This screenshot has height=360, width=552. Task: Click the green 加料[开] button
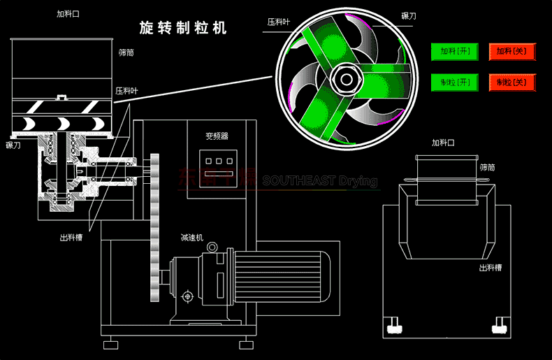453,51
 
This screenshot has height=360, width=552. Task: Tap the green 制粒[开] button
453,82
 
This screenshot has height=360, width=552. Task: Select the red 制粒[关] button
511,82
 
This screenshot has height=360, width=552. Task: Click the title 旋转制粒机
183,29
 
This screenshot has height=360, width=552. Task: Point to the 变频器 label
217,136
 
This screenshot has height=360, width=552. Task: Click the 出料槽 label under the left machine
71,238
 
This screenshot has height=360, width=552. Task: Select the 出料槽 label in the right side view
490,268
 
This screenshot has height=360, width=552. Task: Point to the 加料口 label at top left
68,14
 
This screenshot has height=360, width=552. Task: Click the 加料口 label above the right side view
443,143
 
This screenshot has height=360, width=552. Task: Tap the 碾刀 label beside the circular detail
410,15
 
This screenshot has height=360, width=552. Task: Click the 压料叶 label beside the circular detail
277,22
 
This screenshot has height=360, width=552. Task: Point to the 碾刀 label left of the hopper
14,145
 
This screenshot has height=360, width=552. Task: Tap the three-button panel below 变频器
217,161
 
